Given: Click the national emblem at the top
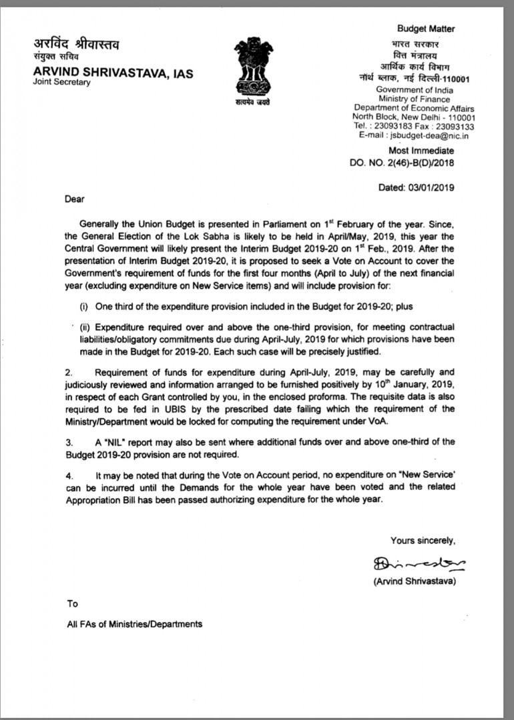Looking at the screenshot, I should tap(253, 69).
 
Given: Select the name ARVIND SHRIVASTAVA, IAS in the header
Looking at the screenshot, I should tap(113, 73).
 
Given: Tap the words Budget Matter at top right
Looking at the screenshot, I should tap(426, 29).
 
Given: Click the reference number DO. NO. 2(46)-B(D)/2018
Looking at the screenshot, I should tap(402, 163).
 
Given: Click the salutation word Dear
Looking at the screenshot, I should tap(75, 199).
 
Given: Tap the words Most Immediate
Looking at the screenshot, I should tap(421, 151).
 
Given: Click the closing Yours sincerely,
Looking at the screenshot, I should tap(423, 541).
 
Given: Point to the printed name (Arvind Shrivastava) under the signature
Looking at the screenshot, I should tap(415, 581).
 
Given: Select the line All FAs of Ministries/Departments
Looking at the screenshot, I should tap(134, 625).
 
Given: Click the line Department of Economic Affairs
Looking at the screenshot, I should tap(414, 108).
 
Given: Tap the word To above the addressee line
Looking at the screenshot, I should tap(72, 604).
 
